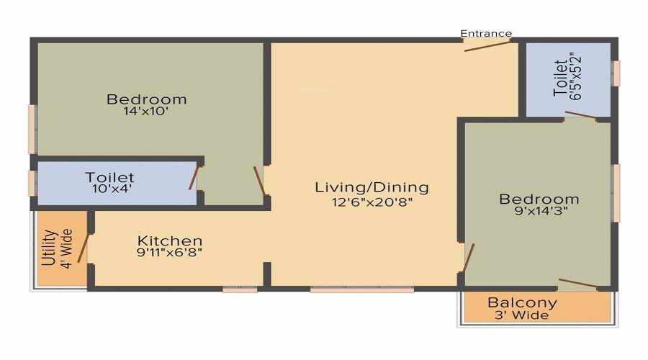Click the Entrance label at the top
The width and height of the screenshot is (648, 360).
[x=486, y=33]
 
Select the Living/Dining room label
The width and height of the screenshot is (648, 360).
[x=372, y=187]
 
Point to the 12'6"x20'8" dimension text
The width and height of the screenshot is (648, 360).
[x=372, y=202]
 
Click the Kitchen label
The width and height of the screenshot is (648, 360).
[x=170, y=240]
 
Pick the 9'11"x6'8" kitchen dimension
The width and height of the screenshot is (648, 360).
[x=170, y=253]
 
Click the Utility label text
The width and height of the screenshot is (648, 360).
[x=49, y=248]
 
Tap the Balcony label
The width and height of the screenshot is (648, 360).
[x=522, y=303]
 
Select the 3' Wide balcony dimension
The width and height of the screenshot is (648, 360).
[x=522, y=315]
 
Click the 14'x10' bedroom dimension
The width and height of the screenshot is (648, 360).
[x=147, y=112]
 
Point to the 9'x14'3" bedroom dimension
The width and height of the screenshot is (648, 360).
[x=539, y=213]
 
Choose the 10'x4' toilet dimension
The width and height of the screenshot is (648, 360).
[x=109, y=189]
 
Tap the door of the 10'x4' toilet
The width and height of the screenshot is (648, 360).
[x=194, y=176]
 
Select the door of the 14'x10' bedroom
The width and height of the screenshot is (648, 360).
[x=260, y=181]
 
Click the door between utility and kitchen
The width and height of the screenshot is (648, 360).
[x=83, y=248]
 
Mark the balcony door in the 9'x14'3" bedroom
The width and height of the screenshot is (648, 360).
[x=577, y=283]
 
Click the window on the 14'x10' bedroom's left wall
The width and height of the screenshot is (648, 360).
[x=32, y=130]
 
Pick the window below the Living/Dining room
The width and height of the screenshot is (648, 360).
[x=361, y=289]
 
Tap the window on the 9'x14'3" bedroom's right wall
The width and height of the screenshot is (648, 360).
[x=616, y=193]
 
